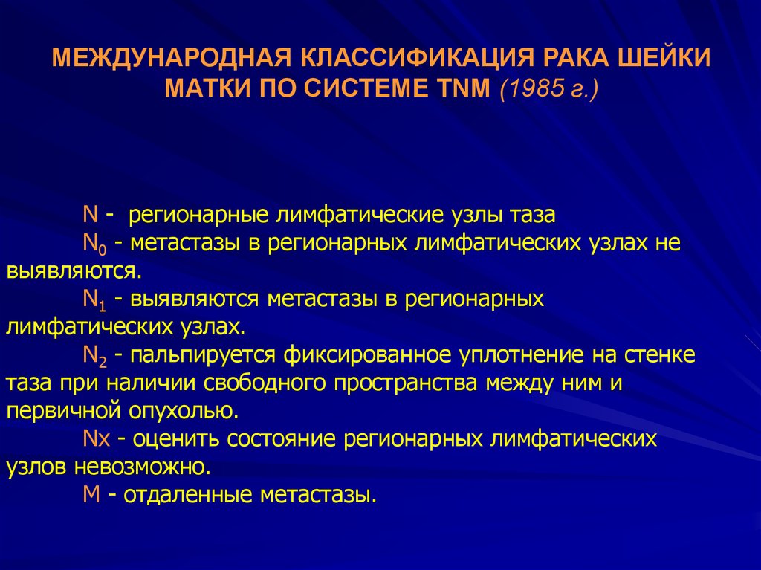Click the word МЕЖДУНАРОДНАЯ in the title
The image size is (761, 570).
tap(172, 58)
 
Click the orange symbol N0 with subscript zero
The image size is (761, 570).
tap(94, 244)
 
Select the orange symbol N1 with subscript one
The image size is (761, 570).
tap(94, 299)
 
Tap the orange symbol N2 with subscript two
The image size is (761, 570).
tap(95, 356)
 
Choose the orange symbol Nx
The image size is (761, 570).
tap(97, 439)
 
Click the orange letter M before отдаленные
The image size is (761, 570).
tap(91, 495)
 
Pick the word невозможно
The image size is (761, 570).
tap(143, 467)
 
